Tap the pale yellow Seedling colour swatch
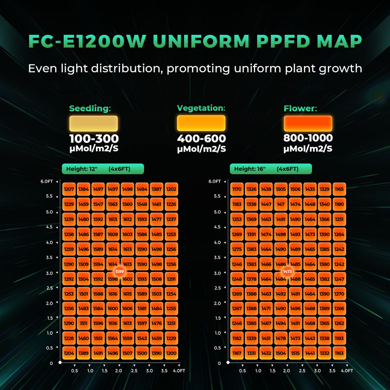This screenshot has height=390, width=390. (x=93, y=124)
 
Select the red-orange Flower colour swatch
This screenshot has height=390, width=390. (x=308, y=124)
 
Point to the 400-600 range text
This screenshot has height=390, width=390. (x=201, y=139)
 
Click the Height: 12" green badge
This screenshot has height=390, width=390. (x=103, y=169)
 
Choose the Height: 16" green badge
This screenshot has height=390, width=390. (x=270, y=169)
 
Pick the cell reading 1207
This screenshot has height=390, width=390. (x=69, y=189)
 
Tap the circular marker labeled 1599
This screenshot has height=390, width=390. (x=120, y=272)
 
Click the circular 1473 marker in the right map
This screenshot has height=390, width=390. (x=288, y=272)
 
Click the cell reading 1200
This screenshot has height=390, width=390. (x=171, y=353)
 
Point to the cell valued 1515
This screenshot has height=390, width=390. (x=295, y=353)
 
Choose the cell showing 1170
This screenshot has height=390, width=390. (x=237, y=189)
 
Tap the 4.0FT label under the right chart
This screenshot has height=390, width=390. (x=347, y=371)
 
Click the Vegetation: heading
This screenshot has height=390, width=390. (x=201, y=108)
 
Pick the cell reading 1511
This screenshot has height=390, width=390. (x=83, y=324)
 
